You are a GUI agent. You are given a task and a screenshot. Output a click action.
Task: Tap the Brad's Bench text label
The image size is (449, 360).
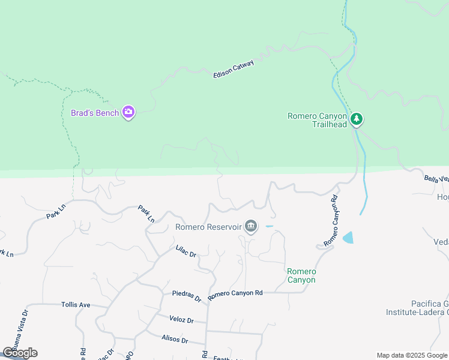click(95, 113)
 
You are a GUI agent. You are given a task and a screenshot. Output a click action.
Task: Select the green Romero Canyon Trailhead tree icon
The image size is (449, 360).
click(357, 119)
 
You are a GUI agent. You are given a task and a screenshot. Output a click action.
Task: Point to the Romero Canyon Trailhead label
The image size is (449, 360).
click(317, 120)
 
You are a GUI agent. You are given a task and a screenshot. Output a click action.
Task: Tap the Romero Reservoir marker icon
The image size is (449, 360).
click(251, 226)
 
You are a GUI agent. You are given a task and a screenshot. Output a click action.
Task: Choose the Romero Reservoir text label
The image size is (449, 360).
click(208, 227)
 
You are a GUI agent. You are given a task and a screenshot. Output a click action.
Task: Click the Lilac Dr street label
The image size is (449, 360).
click(186, 251)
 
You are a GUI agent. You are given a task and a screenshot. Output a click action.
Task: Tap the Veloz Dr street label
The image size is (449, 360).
click(181, 320)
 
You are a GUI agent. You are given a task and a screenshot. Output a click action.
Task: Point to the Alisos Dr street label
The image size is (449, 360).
click(175, 340)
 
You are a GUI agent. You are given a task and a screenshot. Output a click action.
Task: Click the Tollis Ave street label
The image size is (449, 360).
click(76, 305)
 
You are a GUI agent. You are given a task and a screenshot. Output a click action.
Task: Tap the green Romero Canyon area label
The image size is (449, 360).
click(301, 275)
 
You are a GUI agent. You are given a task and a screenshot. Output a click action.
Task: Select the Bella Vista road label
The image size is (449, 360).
click(436, 178)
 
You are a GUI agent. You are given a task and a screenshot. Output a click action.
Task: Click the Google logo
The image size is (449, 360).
click(20, 353)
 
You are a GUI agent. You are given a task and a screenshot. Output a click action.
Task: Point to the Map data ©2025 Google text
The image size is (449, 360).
click(412, 355)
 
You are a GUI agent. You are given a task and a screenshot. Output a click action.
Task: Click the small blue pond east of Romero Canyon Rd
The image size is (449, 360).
click(348, 238)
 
